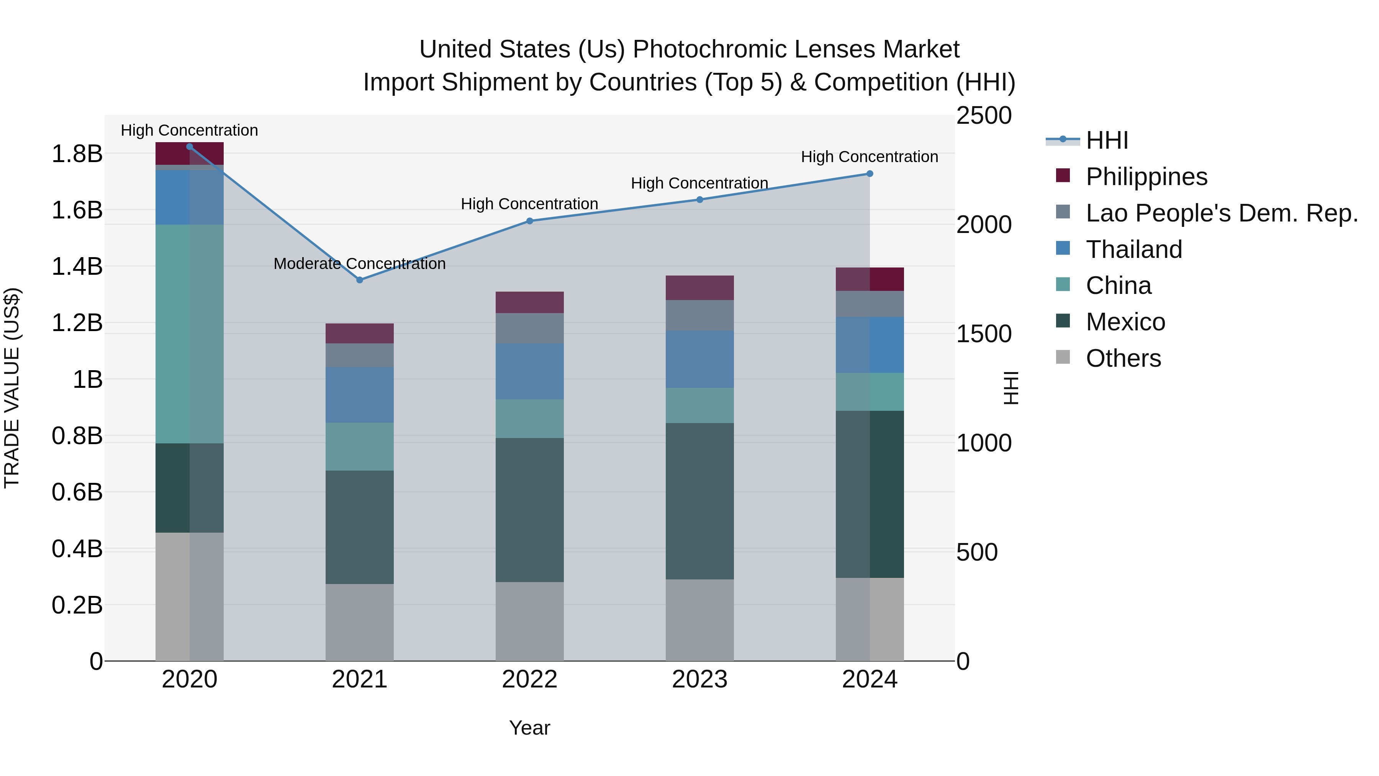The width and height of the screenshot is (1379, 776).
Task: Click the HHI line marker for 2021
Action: click(360, 280)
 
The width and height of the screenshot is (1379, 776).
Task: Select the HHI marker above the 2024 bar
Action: click(870, 174)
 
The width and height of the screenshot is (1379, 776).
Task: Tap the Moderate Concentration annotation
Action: click(359, 264)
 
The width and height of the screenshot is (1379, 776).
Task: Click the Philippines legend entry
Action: click(1146, 177)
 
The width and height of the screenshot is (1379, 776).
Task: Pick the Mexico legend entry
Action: click(1125, 322)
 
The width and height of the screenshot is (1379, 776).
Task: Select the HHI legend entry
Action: click(1107, 140)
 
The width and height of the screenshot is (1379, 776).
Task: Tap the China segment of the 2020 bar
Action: click(190, 334)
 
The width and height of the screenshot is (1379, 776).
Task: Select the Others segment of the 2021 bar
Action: click(360, 622)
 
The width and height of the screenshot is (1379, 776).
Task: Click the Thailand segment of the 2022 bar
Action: click(529, 371)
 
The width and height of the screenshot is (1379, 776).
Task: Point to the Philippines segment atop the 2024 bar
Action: click(870, 279)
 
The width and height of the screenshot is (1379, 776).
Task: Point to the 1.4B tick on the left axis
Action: click(77, 267)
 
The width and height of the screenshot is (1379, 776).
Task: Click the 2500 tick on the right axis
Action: click(984, 116)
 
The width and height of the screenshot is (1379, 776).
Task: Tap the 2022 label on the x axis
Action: click(529, 679)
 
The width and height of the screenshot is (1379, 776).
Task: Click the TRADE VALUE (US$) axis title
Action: click(12, 388)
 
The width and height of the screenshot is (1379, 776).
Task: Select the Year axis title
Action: click(529, 728)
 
